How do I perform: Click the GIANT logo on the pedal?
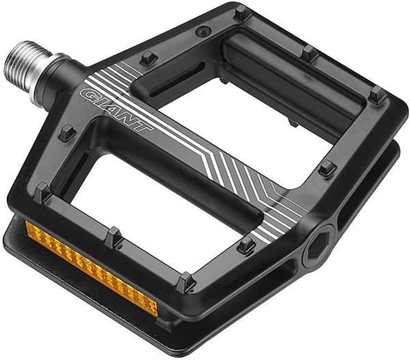coord(116,110)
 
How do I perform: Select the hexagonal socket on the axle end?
coord(318,245)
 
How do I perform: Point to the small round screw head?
coord(204,31)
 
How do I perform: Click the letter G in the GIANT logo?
coord(88,95)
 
